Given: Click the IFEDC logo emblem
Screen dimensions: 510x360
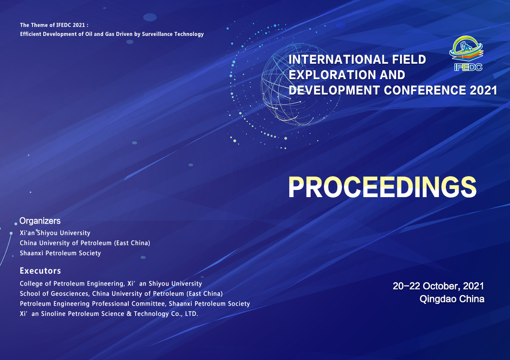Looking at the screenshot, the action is point(466,53).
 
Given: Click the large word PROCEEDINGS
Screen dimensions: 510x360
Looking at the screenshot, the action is point(382,187).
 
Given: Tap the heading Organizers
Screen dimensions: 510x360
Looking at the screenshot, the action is point(40,221).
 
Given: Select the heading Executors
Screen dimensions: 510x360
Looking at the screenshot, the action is point(40,271).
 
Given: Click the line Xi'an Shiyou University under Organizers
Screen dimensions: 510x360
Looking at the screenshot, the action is point(55,233).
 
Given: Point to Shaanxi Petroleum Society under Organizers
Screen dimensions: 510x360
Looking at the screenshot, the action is point(60,253).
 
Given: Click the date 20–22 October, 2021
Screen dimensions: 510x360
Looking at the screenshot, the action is point(439,286).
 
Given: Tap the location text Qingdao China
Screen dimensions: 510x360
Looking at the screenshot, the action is point(452,299).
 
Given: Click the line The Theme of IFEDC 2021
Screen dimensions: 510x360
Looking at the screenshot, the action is point(54,25).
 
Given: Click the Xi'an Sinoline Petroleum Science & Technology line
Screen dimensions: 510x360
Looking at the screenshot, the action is point(109,314).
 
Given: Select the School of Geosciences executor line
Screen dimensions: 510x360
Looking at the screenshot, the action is point(122,294).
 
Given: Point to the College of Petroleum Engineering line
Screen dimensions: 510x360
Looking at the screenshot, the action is point(111,283).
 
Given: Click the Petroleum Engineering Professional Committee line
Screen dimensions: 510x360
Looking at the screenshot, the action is point(135,304).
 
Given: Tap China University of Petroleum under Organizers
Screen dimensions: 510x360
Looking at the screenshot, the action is point(85,243).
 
